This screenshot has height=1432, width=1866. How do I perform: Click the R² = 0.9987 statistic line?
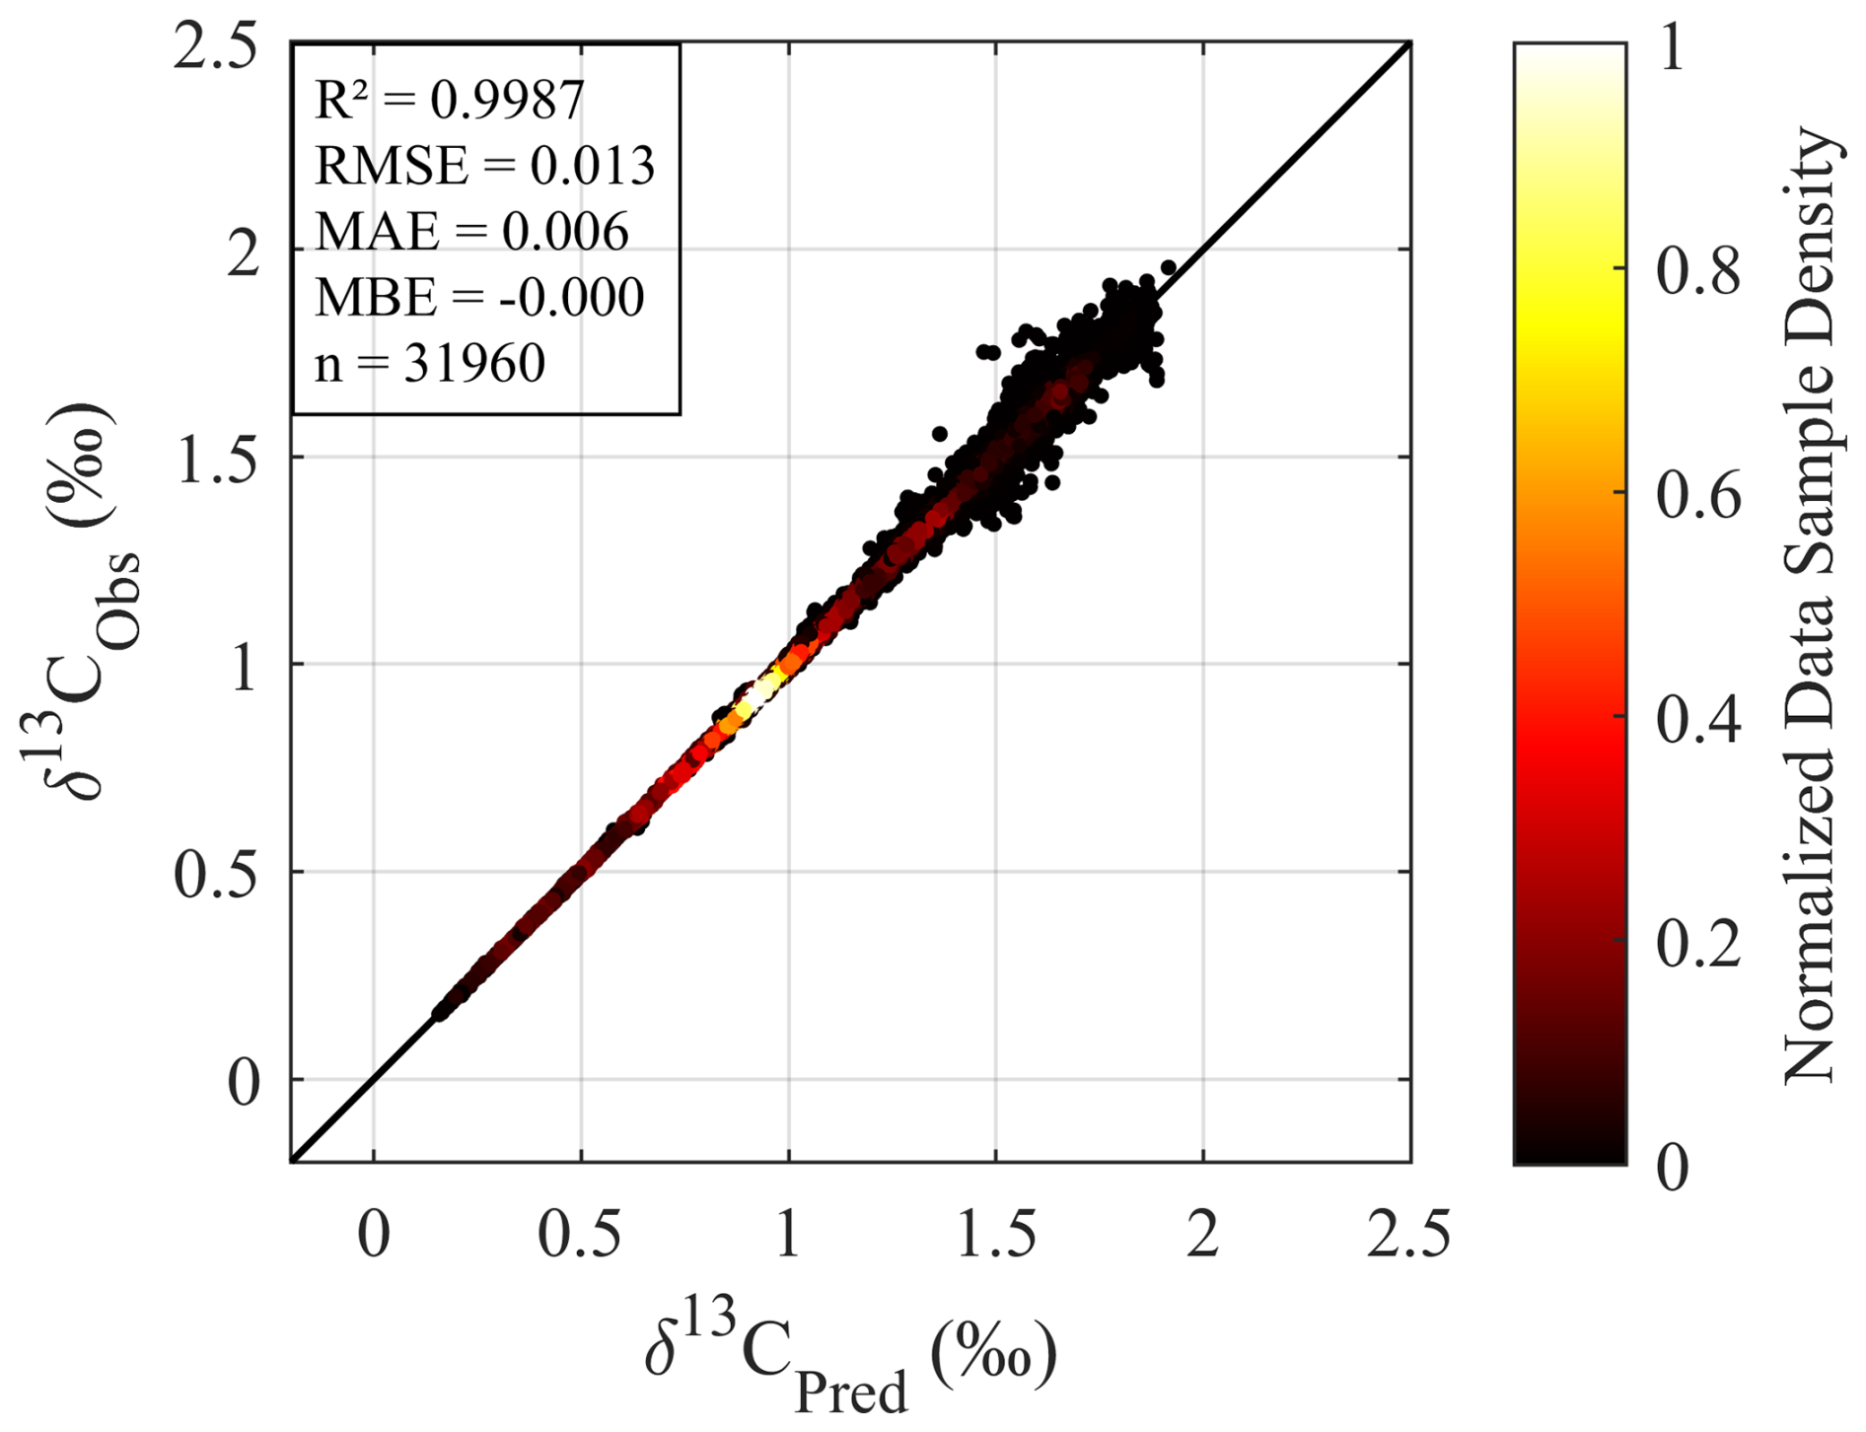pyautogui.click(x=450, y=101)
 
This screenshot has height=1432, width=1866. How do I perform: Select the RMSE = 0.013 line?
pyautogui.click(x=484, y=167)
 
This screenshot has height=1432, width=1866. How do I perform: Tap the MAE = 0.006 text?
pyautogui.click(x=471, y=233)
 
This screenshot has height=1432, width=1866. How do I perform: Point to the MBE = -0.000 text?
pyautogui.click(x=479, y=298)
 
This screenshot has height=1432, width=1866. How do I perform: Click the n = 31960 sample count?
pyautogui.click(x=430, y=364)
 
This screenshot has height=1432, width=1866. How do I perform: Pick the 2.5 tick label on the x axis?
pyautogui.click(x=1408, y=1234)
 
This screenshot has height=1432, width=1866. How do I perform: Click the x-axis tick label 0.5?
pyautogui.click(x=580, y=1234)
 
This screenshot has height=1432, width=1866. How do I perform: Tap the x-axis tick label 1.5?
pyautogui.click(x=995, y=1234)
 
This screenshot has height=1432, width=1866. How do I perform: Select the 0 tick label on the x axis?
pyautogui.click(x=374, y=1234)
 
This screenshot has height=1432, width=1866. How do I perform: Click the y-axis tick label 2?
pyautogui.click(x=243, y=255)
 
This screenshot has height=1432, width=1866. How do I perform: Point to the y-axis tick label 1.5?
pyautogui.click(x=217, y=462)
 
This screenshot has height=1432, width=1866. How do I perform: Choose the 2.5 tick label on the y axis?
pyautogui.click(x=215, y=47)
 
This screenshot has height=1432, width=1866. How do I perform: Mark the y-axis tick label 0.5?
pyautogui.click(x=217, y=876)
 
